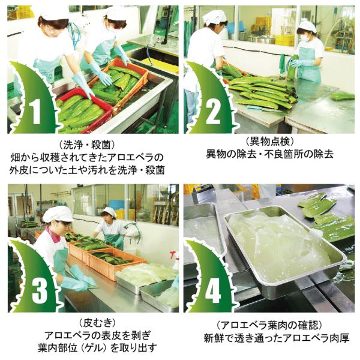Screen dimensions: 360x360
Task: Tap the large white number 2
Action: point(214,112)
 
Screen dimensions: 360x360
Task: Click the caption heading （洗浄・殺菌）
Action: point(87,145)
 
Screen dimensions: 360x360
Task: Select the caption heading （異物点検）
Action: point(269,142)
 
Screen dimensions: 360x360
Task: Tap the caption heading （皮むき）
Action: point(97,323)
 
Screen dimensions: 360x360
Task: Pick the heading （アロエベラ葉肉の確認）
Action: point(269,325)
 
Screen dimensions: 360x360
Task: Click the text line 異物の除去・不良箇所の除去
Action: point(269,154)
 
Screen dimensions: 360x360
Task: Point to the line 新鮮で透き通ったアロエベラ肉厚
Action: point(277,338)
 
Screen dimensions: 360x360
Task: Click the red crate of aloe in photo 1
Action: point(85,110)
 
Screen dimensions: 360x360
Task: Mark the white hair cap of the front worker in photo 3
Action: point(58,214)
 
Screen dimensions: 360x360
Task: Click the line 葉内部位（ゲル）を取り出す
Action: point(97,348)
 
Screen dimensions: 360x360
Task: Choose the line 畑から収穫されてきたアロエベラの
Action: point(87,157)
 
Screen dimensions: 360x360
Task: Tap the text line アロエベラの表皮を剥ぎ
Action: point(98,335)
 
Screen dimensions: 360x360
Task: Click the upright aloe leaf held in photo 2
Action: point(292,68)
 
